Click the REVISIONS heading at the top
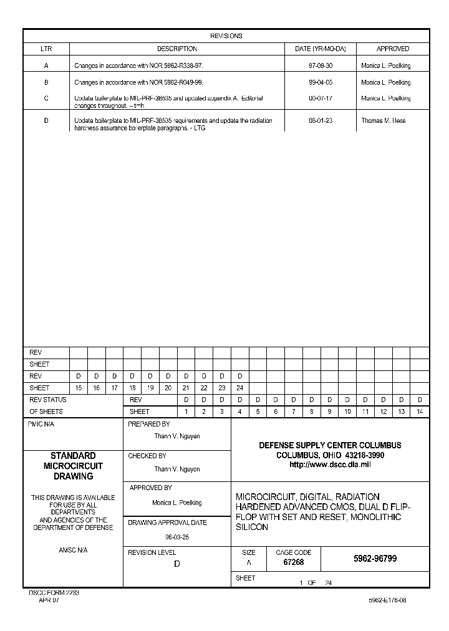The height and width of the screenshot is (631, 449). [226, 36]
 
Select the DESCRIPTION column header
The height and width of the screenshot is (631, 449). [177, 49]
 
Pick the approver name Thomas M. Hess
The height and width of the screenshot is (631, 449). [383, 121]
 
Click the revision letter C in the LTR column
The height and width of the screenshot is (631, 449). [46, 99]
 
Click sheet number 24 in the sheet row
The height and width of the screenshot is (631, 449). [239, 388]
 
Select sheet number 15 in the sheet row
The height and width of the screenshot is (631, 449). [79, 388]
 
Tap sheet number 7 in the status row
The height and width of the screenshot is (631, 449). [293, 412]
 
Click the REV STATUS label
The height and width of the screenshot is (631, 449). [48, 400]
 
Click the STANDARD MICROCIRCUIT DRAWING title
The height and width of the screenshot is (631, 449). [73, 466]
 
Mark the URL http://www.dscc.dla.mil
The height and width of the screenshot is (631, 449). [330, 465]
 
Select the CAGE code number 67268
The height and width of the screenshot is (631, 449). [293, 562]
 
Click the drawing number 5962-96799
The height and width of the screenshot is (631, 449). [375, 559]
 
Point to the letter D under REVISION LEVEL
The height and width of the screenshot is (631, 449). [176, 564]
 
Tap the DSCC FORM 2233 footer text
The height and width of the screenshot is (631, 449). [54, 593]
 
